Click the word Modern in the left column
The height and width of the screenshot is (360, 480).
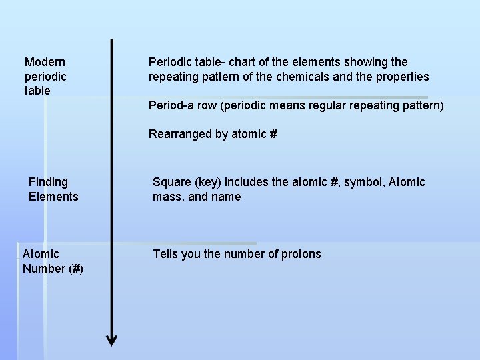pyautogui.click(x=45, y=62)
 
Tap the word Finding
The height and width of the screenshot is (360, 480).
pyautogui.click(x=48, y=182)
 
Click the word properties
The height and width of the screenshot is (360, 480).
pyautogui.click(x=403, y=77)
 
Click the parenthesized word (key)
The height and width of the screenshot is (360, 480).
pyautogui.click(x=209, y=182)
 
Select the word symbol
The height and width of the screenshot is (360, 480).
pyautogui.click(x=364, y=182)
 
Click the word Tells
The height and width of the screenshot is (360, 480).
pyautogui.click(x=167, y=254)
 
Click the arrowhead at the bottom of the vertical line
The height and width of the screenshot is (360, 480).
pyautogui.click(x=111, y=339)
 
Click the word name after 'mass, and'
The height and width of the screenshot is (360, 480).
pyautogui.click(x=226, y=197)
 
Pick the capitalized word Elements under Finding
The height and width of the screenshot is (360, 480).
pyautogui.click(x=53, y=197)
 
